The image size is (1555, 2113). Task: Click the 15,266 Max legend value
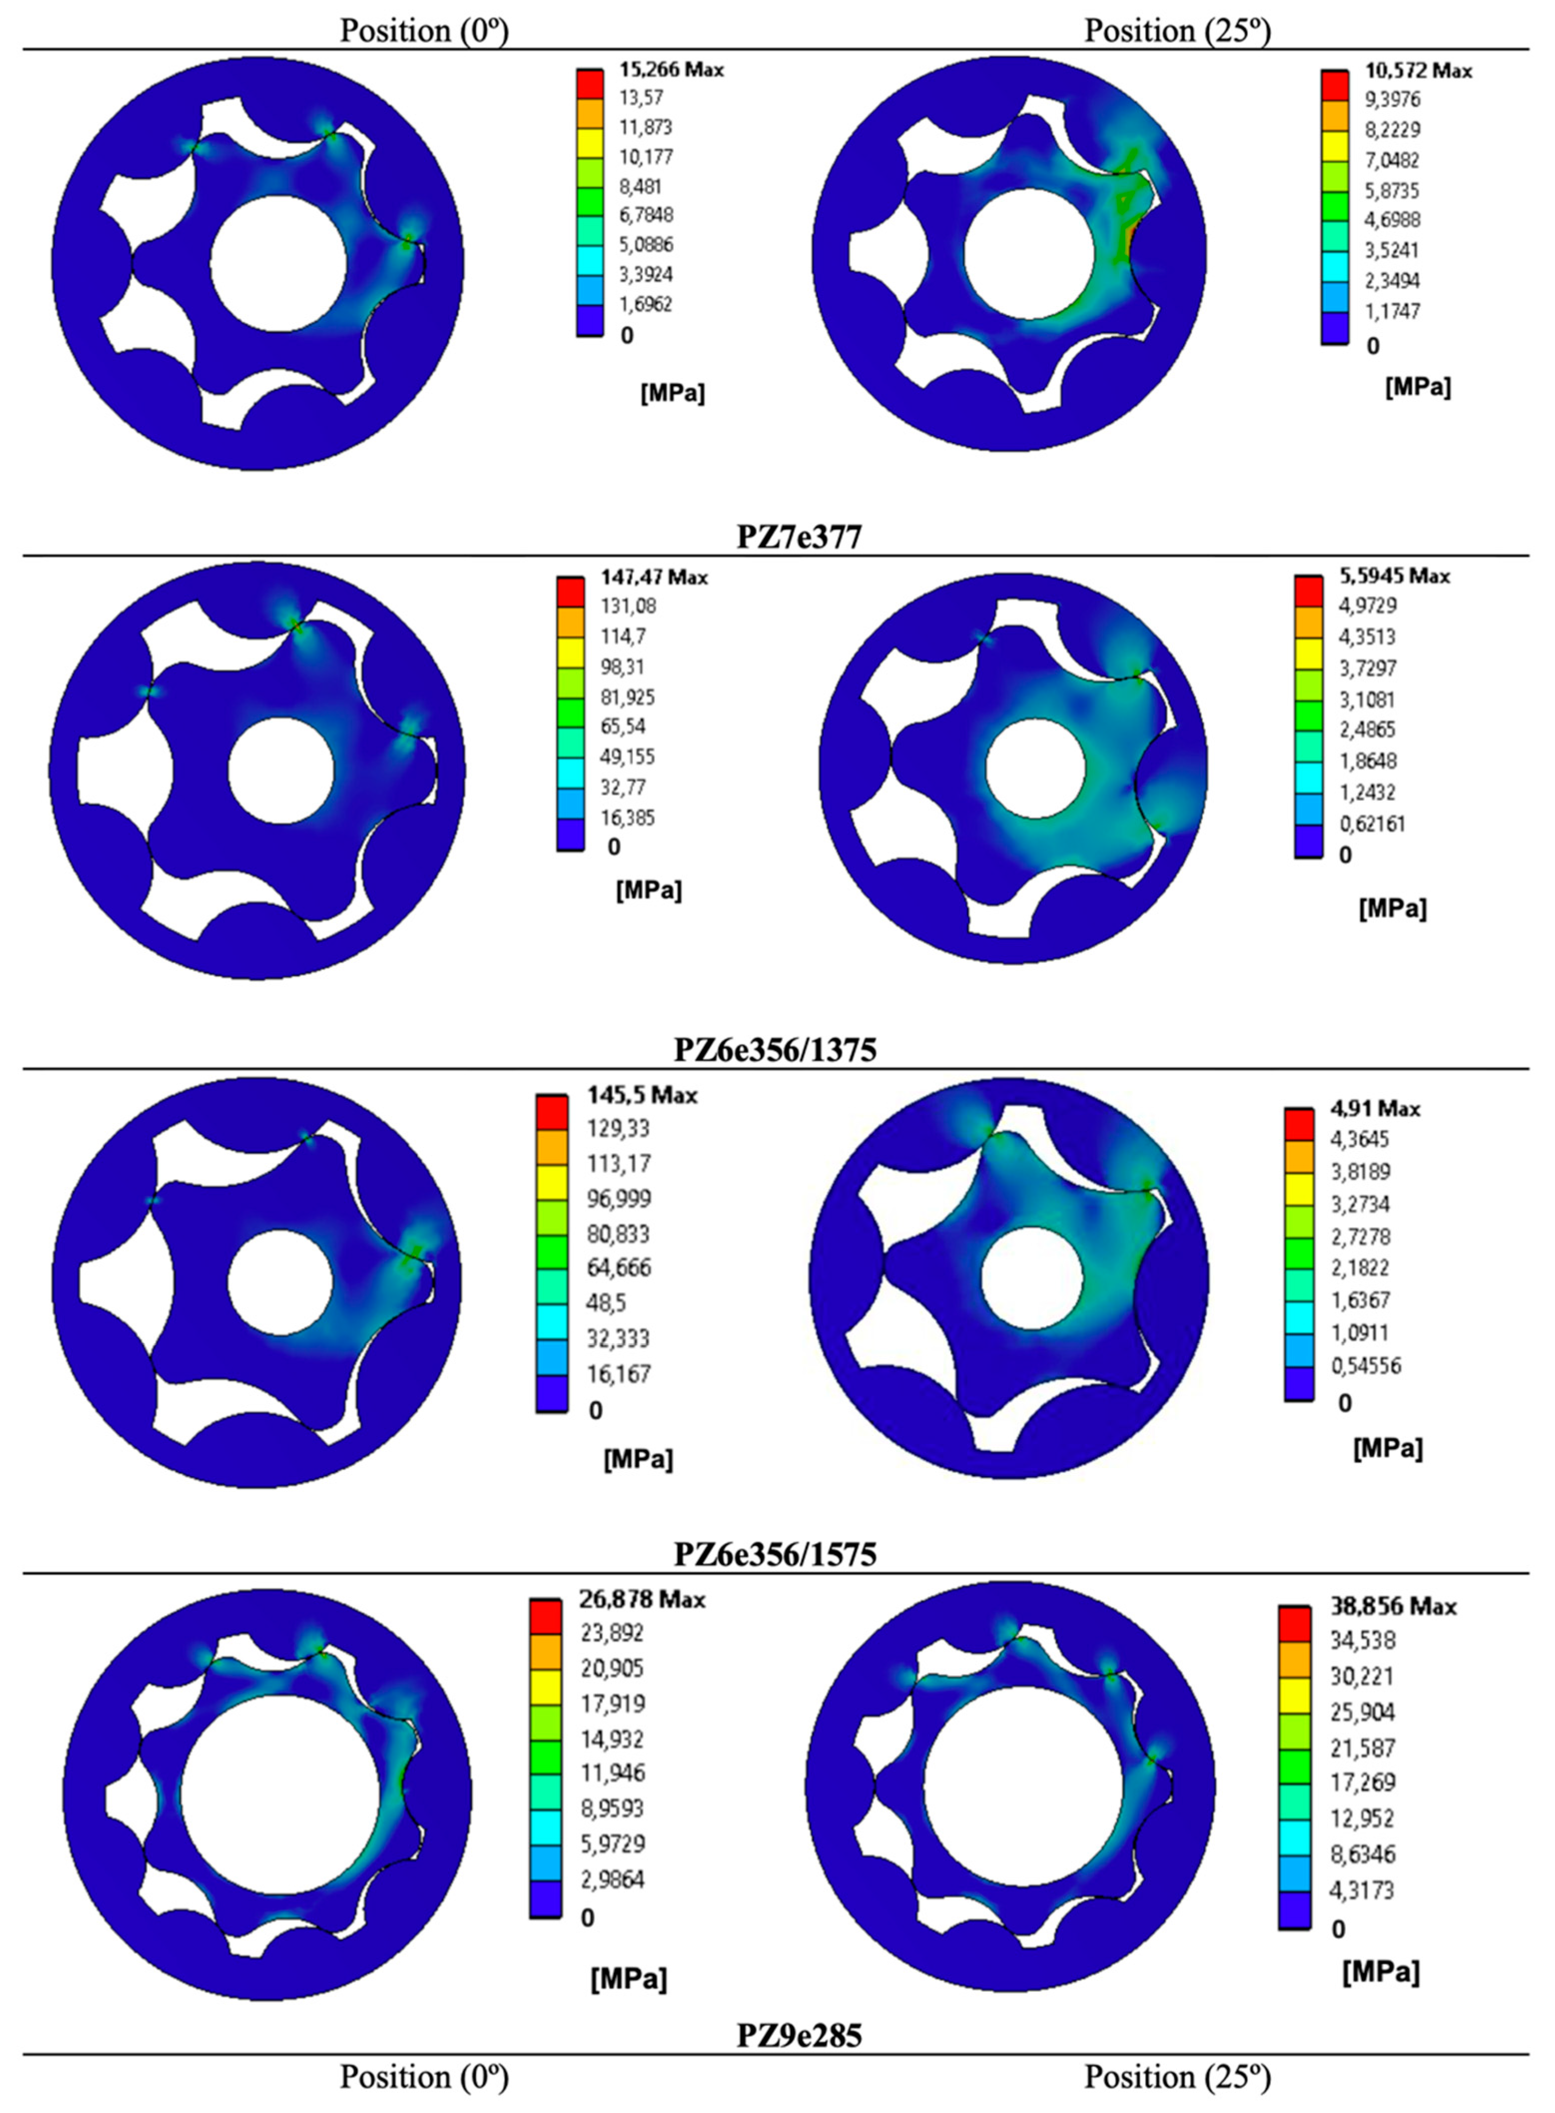pos(671,70)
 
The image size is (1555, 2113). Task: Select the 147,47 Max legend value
pos(654,577)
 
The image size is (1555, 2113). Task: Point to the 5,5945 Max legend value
pos(1395,576)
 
